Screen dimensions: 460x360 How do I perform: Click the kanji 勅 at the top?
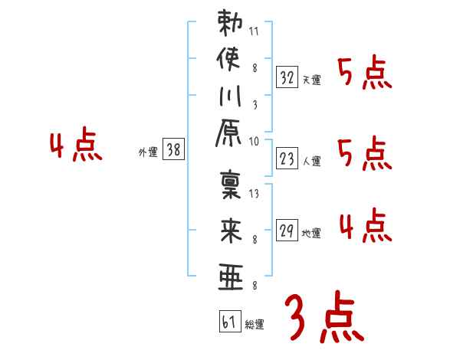coord(231,23)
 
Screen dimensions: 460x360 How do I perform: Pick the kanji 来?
coord(231,230)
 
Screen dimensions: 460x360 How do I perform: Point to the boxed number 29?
coord(287,230)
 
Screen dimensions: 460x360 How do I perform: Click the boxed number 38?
coord(173,150)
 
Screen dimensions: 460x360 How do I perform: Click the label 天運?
coord(312,80)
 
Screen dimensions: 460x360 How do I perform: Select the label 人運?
coord(312,161)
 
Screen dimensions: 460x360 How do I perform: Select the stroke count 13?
coord(254,194)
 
